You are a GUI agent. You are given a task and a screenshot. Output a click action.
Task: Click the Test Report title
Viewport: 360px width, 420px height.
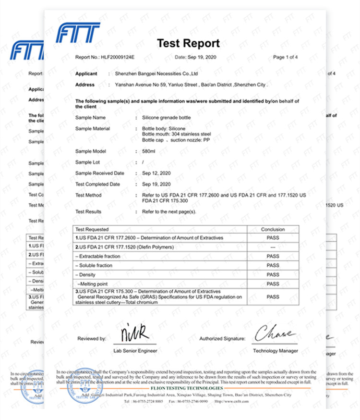[188, 44]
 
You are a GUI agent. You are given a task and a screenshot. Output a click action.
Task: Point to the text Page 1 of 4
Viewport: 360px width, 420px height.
[285, 57]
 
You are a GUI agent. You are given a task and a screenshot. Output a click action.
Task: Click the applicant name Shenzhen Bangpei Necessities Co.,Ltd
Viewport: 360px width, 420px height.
[157, 74]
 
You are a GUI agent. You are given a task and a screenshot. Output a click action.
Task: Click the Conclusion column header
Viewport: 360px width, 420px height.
[273, 229]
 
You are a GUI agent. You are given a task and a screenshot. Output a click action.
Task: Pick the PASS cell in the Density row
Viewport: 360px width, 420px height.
[273, 275]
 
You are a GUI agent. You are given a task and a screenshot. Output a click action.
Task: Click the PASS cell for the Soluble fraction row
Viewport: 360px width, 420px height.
[273, 265]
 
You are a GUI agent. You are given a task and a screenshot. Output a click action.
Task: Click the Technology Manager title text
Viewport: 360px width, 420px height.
[275, 351]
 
